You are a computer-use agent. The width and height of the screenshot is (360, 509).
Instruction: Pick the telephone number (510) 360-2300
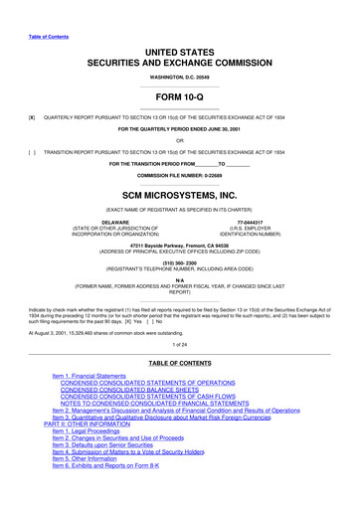click(180, 264)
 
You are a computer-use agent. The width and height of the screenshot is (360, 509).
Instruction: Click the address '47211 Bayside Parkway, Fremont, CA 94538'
click(180, 244)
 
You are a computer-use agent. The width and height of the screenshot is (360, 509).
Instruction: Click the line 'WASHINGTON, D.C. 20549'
click(180, 48)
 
